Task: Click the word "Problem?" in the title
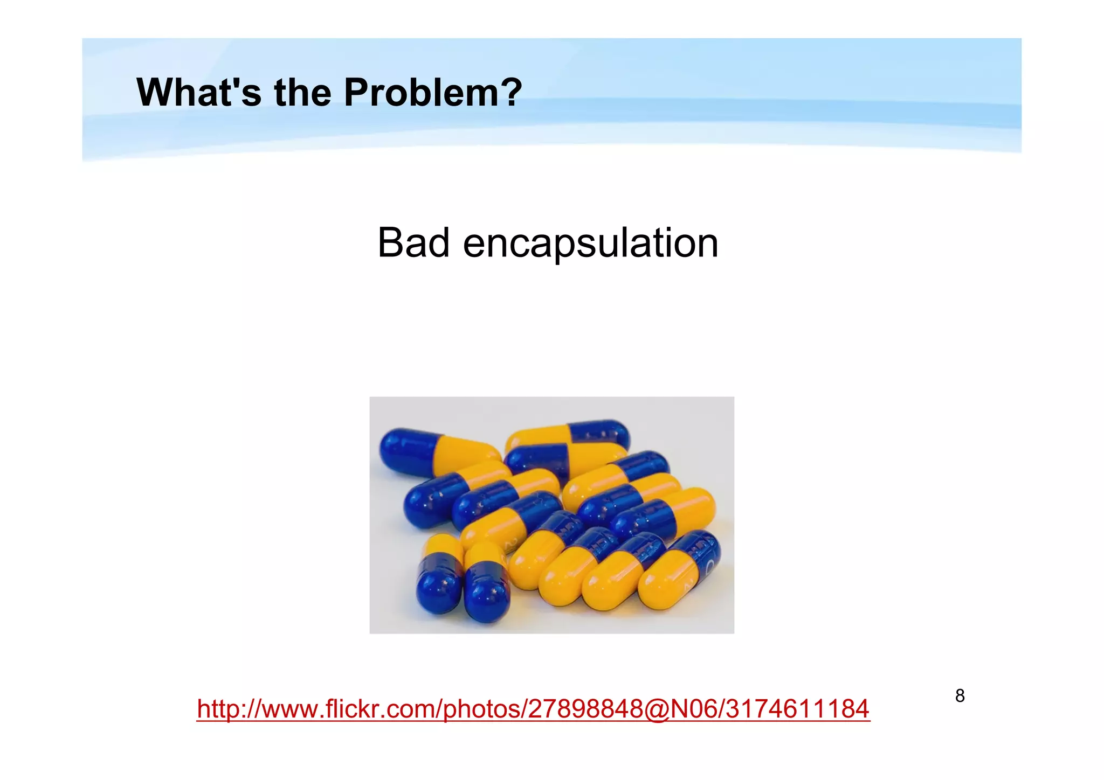[433, 93]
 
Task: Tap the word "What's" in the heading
[199, 93]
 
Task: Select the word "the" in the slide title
[302, 93]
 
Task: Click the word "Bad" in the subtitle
[413, 243]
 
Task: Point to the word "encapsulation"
[590, 244]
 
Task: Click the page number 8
[960, 696]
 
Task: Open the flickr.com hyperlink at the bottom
[533, 708]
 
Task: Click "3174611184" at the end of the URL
[798, 708]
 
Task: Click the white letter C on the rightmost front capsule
[709, 566]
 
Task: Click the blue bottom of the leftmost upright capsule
[439, 587]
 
